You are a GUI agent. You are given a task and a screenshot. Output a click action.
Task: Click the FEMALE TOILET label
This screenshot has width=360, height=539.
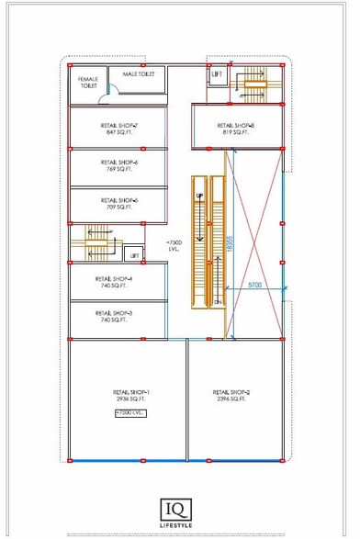[x=87, y=83]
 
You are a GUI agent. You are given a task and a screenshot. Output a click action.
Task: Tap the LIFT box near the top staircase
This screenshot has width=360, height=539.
[x=217, y=73]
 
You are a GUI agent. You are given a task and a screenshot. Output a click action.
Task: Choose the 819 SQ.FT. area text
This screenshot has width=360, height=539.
[x=236, y=132]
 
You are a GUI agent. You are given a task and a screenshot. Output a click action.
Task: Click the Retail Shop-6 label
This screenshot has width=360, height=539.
[x=118, y=163]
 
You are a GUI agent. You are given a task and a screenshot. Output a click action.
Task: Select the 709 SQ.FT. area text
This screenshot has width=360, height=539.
[x=118, y=208]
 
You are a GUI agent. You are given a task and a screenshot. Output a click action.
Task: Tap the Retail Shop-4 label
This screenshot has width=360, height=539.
[x=114, y=278]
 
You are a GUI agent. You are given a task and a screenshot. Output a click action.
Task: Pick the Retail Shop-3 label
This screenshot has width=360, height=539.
[x=114, y=312]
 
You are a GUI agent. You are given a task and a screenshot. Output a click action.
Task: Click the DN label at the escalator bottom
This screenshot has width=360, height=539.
[x=218, y=302]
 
